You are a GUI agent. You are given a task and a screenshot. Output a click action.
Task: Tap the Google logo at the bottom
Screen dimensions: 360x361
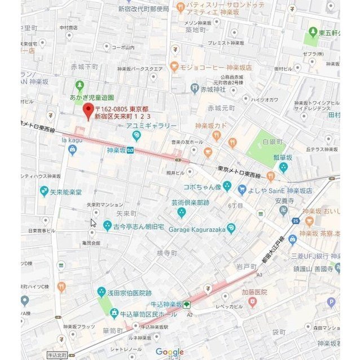[x=170, y=352]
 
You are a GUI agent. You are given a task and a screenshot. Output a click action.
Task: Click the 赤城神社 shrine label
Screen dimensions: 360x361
[x=214, y=89]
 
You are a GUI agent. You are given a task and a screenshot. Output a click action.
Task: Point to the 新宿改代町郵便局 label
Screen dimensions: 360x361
[x=143, y=9]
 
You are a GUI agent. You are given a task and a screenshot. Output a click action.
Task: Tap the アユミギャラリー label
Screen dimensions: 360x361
[x=151, y=126]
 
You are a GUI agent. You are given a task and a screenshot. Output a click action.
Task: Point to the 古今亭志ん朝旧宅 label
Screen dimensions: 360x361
[x=138, y=226]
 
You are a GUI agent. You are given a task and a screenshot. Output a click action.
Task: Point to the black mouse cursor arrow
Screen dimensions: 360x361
[x=93, y=222]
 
